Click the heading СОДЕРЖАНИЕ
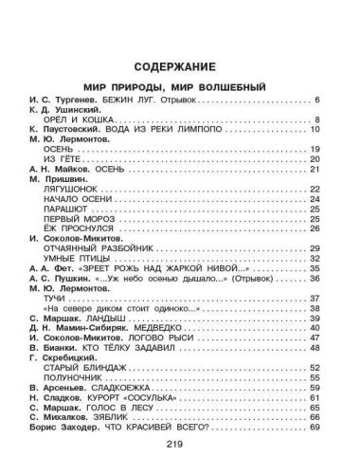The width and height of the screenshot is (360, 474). (179, 68)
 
